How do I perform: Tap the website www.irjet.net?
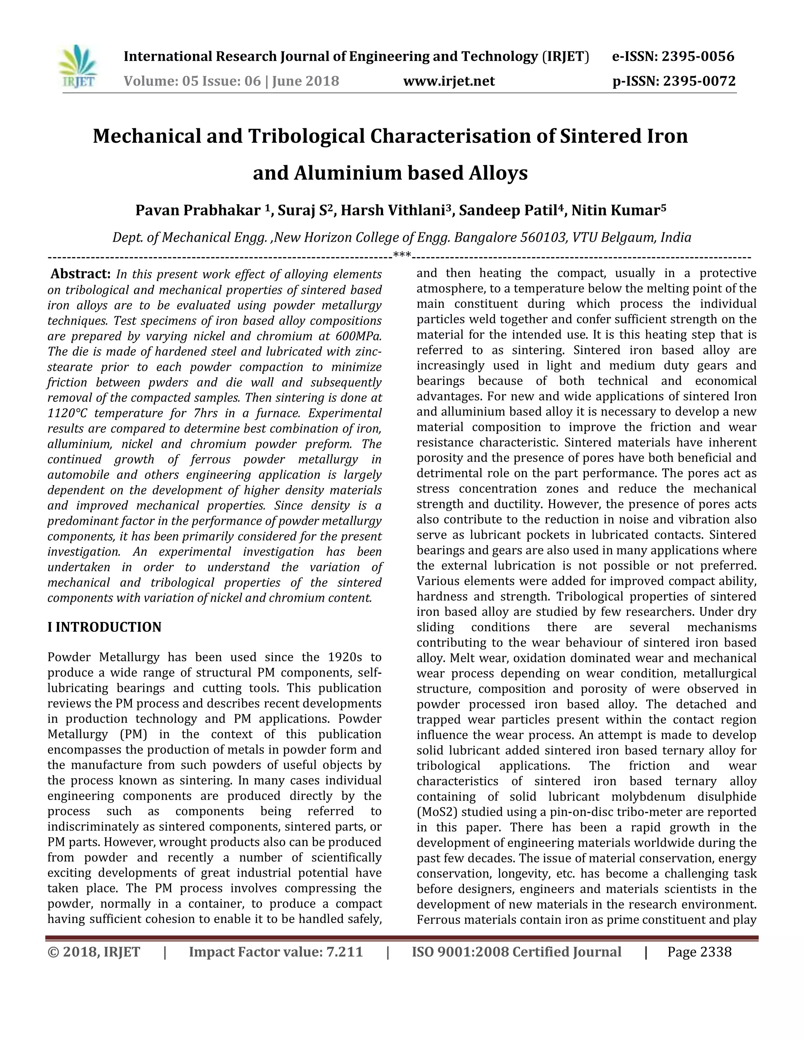(449, 81)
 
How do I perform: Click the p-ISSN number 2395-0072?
(699, 81)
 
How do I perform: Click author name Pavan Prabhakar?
(198, 210)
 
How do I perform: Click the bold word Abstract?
(80, 274)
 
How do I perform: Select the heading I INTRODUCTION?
(104, 627)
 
